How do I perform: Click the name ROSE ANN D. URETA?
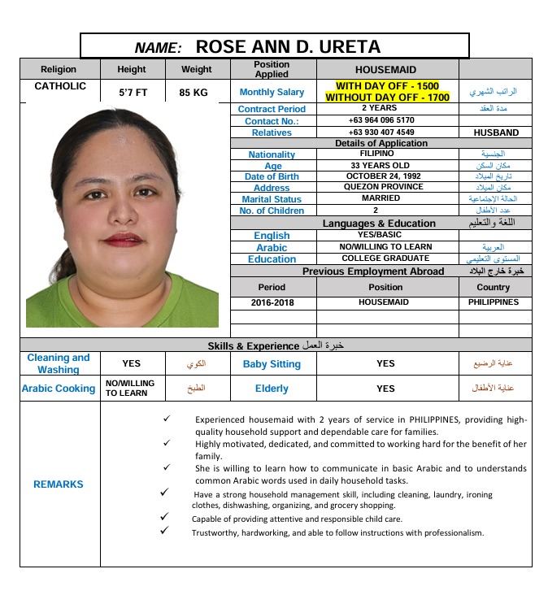coord(288,46)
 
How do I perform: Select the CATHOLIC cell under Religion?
coord(59,85)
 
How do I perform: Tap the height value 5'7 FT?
coord(132,93)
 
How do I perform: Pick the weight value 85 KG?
coord(194,93)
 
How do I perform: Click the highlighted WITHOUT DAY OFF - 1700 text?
coord(387,98)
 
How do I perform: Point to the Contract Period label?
coord(272,109)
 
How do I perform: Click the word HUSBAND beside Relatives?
coord(495,132)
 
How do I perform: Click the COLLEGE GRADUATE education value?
coord(386,258)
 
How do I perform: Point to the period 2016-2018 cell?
coord(272,302)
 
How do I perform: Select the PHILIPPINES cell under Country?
coord(493,302)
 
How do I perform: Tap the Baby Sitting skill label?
coord(272,364)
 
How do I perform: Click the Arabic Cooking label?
coord(59,389)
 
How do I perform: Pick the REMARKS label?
coord(59,484)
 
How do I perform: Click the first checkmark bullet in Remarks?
coord(166,419)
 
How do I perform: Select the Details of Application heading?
coord(381,143)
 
